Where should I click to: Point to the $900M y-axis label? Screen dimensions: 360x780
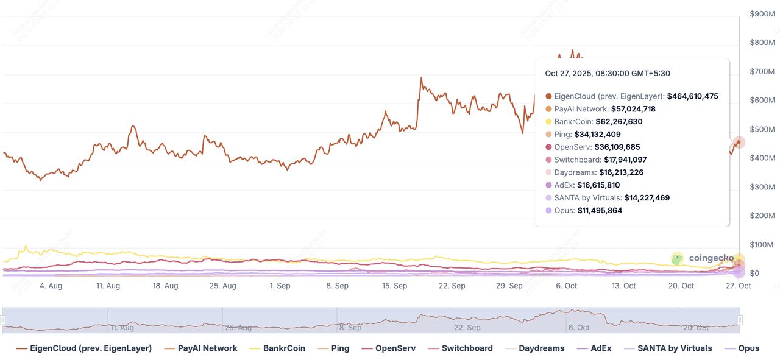tap(762, 13)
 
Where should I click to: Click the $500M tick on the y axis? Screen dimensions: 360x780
tap(762, 129)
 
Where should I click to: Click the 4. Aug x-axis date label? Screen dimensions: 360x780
tap(51, 286)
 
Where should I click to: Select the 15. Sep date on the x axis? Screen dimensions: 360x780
tap(395, 286)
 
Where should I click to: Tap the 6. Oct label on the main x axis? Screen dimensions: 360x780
tap(567, 286)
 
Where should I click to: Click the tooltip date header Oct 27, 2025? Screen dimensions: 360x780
tap(608, 74)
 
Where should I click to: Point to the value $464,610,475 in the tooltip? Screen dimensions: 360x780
tap(692, 96)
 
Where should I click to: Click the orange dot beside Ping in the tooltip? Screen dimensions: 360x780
tap(549, 135)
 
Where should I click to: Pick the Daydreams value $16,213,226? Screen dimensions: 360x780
tap(621, 172)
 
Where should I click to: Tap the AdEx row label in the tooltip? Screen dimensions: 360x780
tap(564, 185)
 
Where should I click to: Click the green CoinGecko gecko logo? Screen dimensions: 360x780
tap(677, 258)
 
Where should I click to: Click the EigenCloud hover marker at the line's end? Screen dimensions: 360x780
tap(739, 143)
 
